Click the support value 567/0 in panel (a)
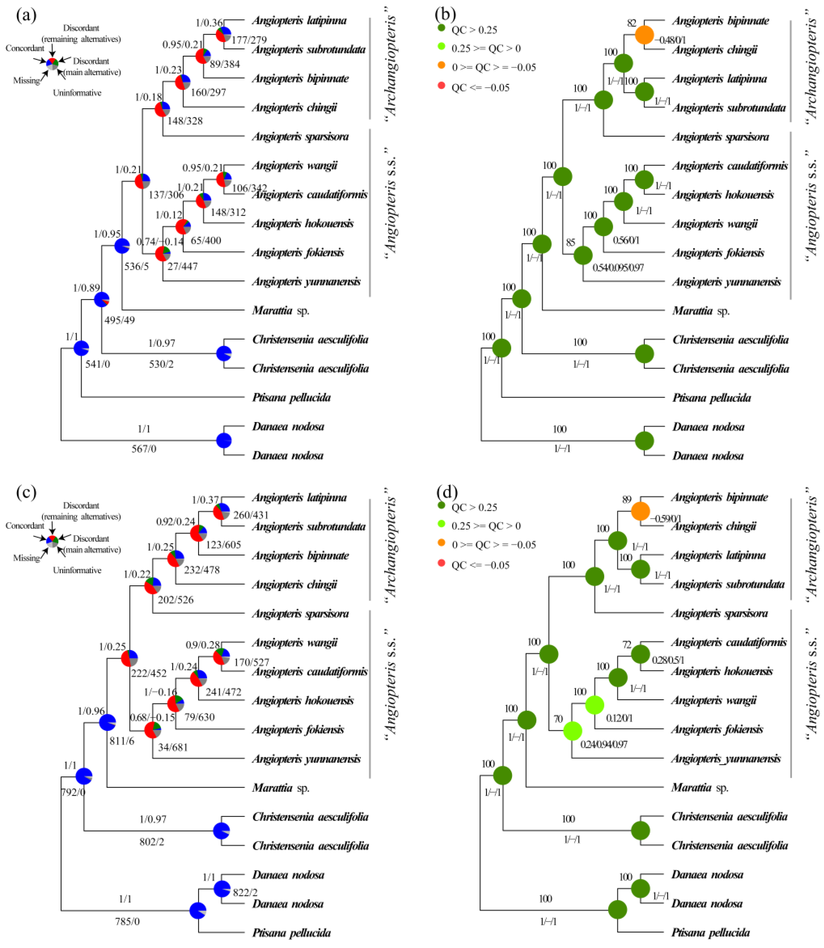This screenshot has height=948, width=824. pos(144,449)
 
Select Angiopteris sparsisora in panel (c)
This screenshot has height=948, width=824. pos(300,614)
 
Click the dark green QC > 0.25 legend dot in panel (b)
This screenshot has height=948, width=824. pos(441,28)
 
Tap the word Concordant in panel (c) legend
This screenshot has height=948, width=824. pos(25,526)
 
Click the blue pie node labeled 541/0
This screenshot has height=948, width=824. pos(81,348)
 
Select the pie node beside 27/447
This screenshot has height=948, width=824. pos(163,253)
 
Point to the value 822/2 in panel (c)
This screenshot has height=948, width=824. pos(245,893)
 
